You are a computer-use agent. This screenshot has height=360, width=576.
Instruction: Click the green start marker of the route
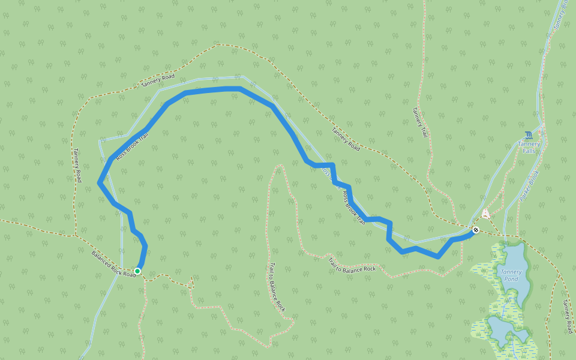tap(137, 271)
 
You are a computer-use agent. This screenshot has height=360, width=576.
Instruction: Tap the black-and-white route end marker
tap(476, 230)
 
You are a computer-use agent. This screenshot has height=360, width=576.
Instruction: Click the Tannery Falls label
tap(529, 147)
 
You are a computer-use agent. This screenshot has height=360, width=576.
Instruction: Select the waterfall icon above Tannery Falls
tap(528, 135)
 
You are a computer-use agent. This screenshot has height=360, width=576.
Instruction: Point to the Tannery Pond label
tap(511, 275)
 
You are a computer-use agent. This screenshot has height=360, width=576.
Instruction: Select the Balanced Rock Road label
tap(113, 264)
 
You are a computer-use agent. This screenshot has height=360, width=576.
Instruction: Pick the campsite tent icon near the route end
tap(485, 214)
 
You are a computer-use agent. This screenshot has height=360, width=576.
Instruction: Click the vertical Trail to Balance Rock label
tap(277, 287)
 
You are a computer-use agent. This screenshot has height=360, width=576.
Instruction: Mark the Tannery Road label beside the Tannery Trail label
tap(346, 139)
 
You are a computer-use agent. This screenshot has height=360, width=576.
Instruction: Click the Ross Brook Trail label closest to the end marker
tap(353, 208)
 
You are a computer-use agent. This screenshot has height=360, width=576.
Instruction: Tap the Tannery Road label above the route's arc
tap(158, 80)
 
